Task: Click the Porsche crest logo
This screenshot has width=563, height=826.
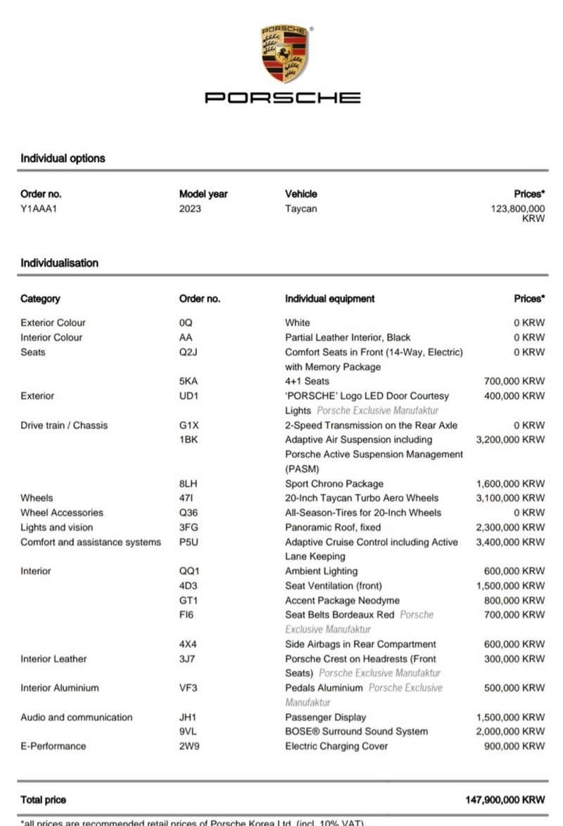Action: click(284, 54)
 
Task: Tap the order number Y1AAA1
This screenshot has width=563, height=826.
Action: click(39, 208)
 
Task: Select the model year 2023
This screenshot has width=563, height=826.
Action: click(190, 208)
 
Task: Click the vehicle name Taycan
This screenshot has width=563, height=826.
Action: click(301, 208)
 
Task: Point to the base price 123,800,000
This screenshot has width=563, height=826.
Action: click(517, 209)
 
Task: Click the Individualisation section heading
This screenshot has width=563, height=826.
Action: click(59, 263)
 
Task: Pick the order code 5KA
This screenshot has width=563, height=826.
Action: click(189, 381)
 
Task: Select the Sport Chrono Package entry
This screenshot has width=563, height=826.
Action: click(334, 484)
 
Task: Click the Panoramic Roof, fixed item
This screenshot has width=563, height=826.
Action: click(333, 527)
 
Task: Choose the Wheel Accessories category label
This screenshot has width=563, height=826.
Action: click(62, 513)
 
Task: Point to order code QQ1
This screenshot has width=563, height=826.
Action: click(189, 571)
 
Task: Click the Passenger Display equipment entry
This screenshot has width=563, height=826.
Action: click(326, 717)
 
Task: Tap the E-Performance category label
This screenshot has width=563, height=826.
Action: click(53, 746)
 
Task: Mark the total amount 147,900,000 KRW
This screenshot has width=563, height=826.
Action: click(505, 800)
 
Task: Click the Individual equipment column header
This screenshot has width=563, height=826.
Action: click(329, 299)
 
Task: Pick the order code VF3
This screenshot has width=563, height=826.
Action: click(189, 688)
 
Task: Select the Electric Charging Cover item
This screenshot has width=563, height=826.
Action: click(336, 746)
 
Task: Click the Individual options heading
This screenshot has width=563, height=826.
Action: click(63, 158)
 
